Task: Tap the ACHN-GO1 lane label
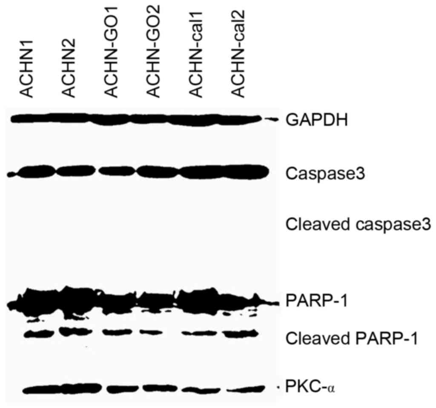(111, 61)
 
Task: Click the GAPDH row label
(318, 121)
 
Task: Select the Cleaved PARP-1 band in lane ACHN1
(37, 334)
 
